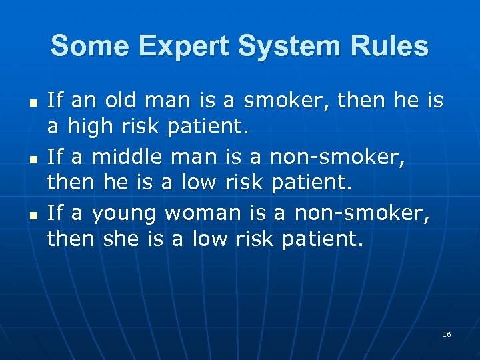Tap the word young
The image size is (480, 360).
124,214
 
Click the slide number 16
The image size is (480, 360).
447,334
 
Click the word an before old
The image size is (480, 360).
83,101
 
